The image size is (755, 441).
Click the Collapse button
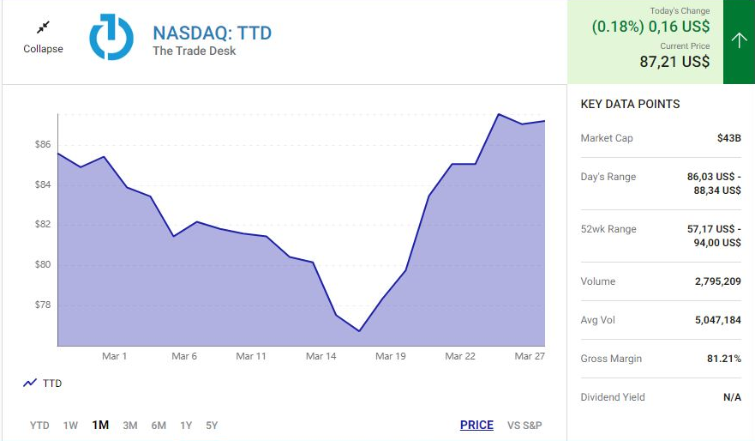pos(43,38)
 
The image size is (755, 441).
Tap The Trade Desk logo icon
pos(111,37)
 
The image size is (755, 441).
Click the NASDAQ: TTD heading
pos(212,33)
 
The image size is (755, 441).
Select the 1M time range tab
pos(100,425)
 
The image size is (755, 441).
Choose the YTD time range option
pos(39,425)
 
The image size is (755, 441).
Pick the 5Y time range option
pos(211,425)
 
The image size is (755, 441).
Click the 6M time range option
pos(159,425)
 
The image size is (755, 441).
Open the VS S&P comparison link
pos(524,425)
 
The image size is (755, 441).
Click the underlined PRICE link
pos(476,425)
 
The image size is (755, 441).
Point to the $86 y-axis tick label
pos(43,144)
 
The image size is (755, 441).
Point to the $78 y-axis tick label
pos(43,305)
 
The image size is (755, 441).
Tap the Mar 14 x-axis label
pos(321,356)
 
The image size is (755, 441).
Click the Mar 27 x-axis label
pos(529,356)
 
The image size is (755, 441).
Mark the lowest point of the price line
pos(360,331)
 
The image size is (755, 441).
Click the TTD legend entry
pos(43,384)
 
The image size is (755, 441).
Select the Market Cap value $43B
pos(728,138)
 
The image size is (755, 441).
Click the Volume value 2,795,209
pos(717,281)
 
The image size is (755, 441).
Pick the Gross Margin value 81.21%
pos(723,359)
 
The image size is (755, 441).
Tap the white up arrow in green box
pos(739,41)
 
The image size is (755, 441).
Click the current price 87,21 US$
pos(674,62)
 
